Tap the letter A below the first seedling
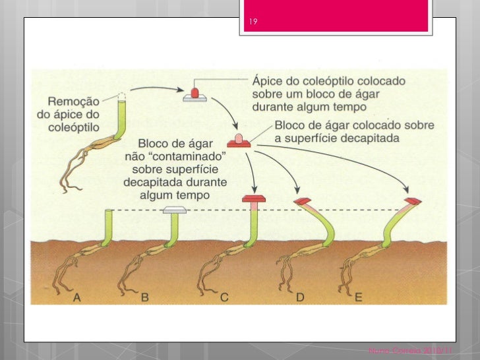click(x=77, y=297)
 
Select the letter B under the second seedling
click(x=144, y=297)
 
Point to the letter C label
click(x=224, y=297)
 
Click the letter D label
click(x=300, y=297)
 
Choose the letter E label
click(x=359, y=297)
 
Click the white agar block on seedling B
click(x=174, y=210)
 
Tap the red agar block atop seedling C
click(x=253, y=198)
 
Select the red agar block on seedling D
click(x=303, y=200)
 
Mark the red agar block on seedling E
click(x=413, y=200)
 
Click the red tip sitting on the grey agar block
click(x=195, y=92)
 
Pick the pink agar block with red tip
click(x=237, y=140)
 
